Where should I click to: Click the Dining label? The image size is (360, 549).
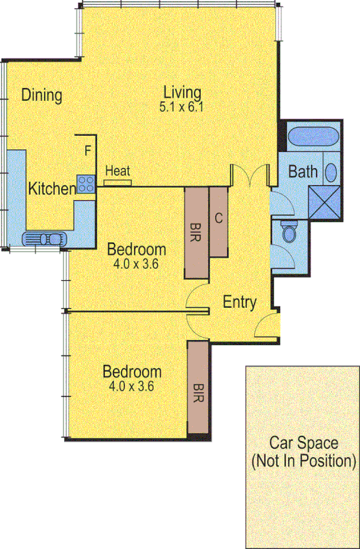point(42,95)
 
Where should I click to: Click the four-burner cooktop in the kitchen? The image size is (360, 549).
point(86,184)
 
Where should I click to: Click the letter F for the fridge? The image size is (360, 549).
point(87,150)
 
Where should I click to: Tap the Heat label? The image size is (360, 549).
point(118,171)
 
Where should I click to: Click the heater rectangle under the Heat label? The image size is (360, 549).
point(118,183)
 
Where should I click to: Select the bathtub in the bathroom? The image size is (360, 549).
point(313,137)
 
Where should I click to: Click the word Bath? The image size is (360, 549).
point(303,171)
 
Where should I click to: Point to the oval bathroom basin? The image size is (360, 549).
point(331,172)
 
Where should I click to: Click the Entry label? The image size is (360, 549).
point(240,303)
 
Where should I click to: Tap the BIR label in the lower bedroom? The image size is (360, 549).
point(198,389)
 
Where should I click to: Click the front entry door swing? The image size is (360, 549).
point(266,322)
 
